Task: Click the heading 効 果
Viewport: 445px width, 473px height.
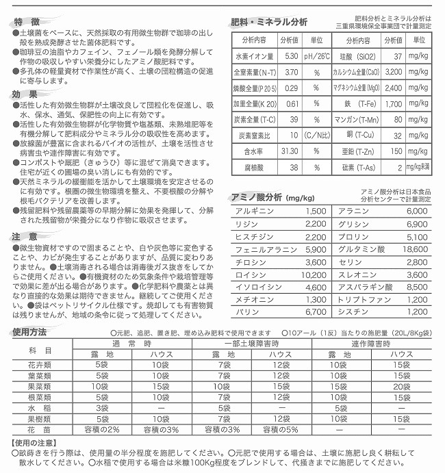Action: coord(28,94)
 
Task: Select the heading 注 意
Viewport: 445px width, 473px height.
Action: coord(28,236)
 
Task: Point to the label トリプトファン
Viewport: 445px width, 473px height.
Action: coord(358,299)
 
